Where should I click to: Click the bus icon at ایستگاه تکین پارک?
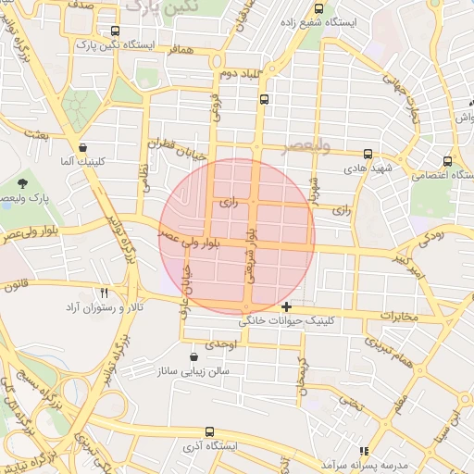[x=115, y=31]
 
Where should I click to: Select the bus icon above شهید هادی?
[x=368, y=154]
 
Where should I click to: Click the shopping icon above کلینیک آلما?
[x=83, y=147]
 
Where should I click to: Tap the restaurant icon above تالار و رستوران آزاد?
[x=105, y=292]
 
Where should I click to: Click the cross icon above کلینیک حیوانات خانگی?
[x=287, y=306]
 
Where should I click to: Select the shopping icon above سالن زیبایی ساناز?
[x=193, y=356]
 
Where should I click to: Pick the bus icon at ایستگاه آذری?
[x=210, y=431]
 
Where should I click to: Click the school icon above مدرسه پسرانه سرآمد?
[x=364, y=450]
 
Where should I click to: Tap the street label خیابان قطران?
[x=173, y=145]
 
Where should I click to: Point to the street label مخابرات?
[x=398, y=318]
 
